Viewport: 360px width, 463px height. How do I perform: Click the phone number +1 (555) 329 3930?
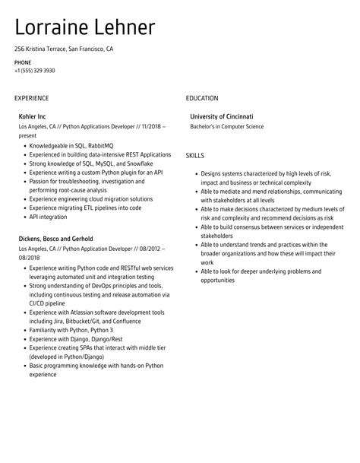(34, 70)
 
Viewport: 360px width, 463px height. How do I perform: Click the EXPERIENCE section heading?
(31, 98)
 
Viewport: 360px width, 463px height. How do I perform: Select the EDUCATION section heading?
(202, 98)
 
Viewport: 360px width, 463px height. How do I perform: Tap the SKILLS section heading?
(195, 154)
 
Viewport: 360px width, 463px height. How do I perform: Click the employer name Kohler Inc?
(32, 116)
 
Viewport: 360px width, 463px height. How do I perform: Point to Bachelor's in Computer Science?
(227, 126)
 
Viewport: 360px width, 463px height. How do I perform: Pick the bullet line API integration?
(49, 215)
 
